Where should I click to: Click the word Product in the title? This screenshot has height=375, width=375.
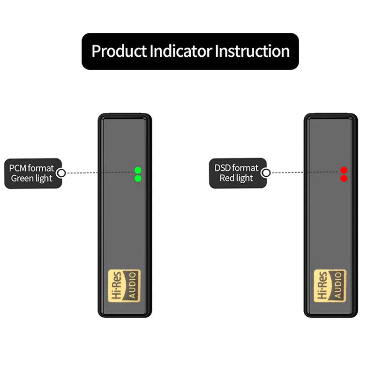119,51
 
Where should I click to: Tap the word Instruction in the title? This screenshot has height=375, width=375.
252,51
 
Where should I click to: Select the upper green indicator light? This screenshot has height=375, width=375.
138,170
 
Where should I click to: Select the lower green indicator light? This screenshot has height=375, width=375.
138,179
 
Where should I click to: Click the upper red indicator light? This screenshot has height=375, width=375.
344,170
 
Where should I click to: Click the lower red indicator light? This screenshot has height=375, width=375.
344,179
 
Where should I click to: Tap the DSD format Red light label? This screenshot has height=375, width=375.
237,173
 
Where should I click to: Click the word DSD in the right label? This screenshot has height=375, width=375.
224,168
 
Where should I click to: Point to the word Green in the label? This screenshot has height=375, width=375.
22,179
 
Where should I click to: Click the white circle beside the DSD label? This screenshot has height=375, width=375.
266,173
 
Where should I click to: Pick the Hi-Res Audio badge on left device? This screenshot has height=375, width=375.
124,285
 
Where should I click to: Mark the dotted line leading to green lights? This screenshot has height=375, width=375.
98,173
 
